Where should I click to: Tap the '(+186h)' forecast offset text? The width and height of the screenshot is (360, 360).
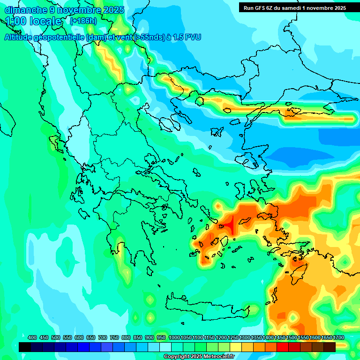pos(83,21)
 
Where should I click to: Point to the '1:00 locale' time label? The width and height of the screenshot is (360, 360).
pos(33,21)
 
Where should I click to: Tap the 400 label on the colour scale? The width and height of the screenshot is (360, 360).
pos(32,337)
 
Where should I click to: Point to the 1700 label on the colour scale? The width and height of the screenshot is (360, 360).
pos(339,337)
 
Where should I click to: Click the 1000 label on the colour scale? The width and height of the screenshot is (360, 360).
pos(174,337)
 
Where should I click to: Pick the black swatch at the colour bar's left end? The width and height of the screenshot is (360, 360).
pos(25,347)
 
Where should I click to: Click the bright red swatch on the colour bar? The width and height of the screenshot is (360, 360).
pos(283,347)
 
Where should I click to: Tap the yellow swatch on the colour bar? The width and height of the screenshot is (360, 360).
pos(236,347)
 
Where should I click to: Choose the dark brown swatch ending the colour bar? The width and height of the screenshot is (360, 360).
pos(330,347)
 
